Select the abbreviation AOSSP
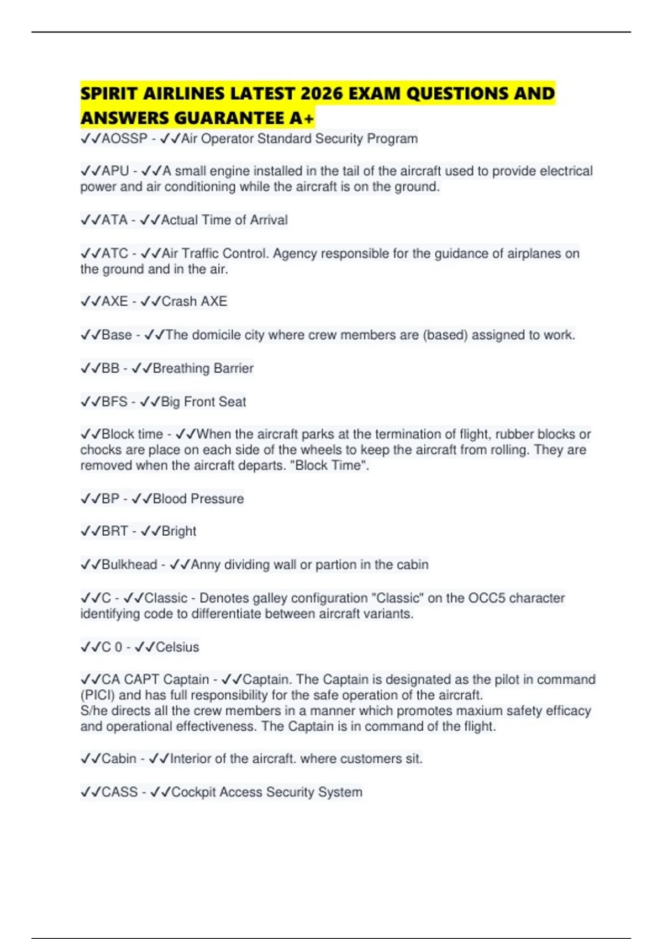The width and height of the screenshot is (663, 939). coord(124,139)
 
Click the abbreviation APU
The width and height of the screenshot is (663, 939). coord(115,171)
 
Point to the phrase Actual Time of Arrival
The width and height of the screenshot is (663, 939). coord(224,220)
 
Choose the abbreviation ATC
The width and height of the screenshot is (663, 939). coord(115,254)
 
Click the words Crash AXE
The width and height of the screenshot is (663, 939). coord(194,302)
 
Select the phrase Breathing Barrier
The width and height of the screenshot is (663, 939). coord(203,368)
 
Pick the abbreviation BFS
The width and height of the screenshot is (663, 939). coord(114,402)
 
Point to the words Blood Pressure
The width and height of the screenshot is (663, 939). coord(198,499)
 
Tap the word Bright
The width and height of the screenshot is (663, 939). coord(179,531)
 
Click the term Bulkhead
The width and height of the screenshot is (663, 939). coord(129,565)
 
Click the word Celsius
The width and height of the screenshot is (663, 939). coord(177,647)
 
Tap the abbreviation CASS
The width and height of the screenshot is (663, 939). coord(119,792)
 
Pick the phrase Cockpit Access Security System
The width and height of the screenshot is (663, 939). coord(267,792)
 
